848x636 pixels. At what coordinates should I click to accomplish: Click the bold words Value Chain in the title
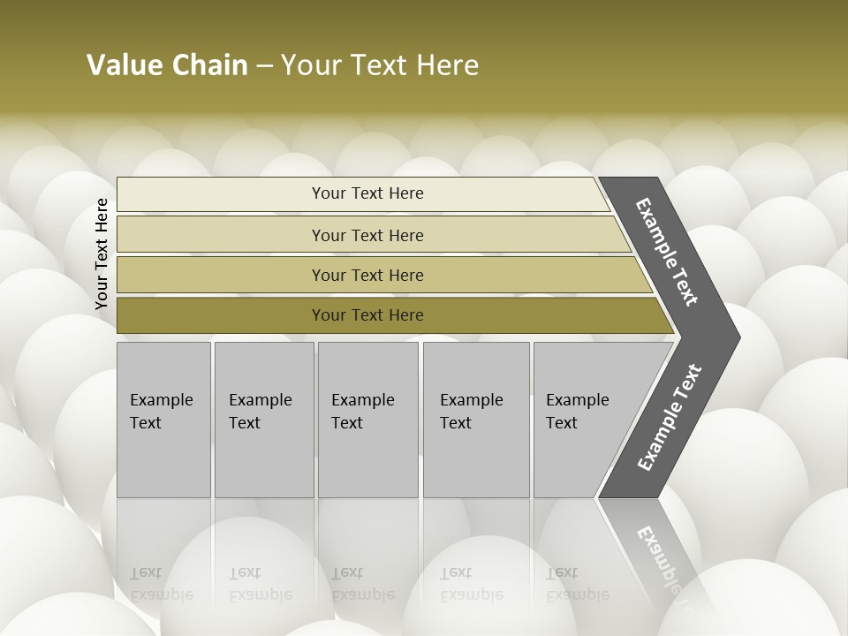pos(167,65)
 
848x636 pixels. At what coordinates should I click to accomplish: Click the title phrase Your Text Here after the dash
pos(380,65)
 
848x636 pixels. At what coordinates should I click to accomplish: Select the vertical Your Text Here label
pos(102,254)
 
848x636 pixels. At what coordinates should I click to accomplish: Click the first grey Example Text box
pos(163,420)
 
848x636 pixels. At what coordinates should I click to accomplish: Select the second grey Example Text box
pos(264,420)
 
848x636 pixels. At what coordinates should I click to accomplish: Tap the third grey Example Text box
pos(367,420)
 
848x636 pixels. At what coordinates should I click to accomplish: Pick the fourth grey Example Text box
pos(476,420)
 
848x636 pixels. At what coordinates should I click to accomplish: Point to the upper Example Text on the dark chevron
pos(667,252)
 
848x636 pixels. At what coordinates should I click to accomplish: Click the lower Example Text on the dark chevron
pos(670,418)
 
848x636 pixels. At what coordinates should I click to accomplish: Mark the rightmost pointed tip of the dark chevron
pos(738,337)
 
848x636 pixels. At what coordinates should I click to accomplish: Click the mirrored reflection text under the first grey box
pos(161,585)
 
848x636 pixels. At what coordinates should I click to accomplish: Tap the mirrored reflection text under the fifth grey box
pos(577,585)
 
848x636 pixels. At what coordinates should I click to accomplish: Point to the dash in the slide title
pos(264,66)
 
